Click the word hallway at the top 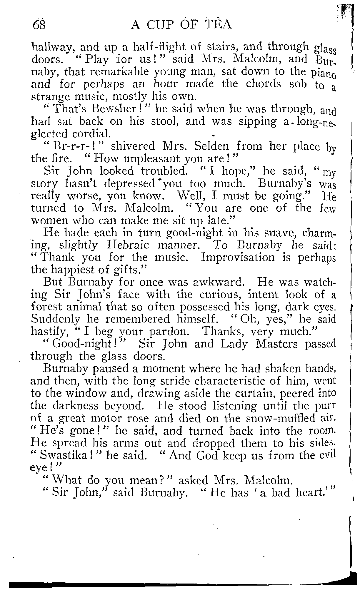(51, 47)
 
